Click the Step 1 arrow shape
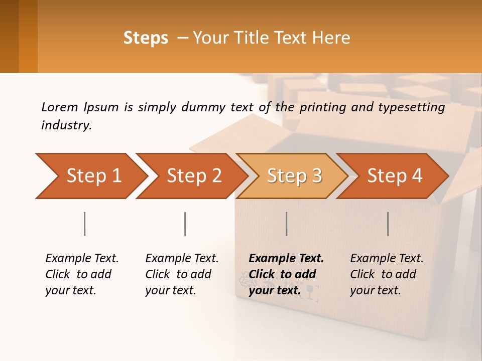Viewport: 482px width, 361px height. [90, 175]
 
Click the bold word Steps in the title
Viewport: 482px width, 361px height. [146, 38]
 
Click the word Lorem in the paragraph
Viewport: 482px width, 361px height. [60, 107]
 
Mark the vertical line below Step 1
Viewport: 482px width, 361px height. [84, 224]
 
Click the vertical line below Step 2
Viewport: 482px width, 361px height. [185, 224]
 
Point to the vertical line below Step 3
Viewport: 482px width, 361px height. [286, 224]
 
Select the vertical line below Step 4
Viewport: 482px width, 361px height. [388, 224]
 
